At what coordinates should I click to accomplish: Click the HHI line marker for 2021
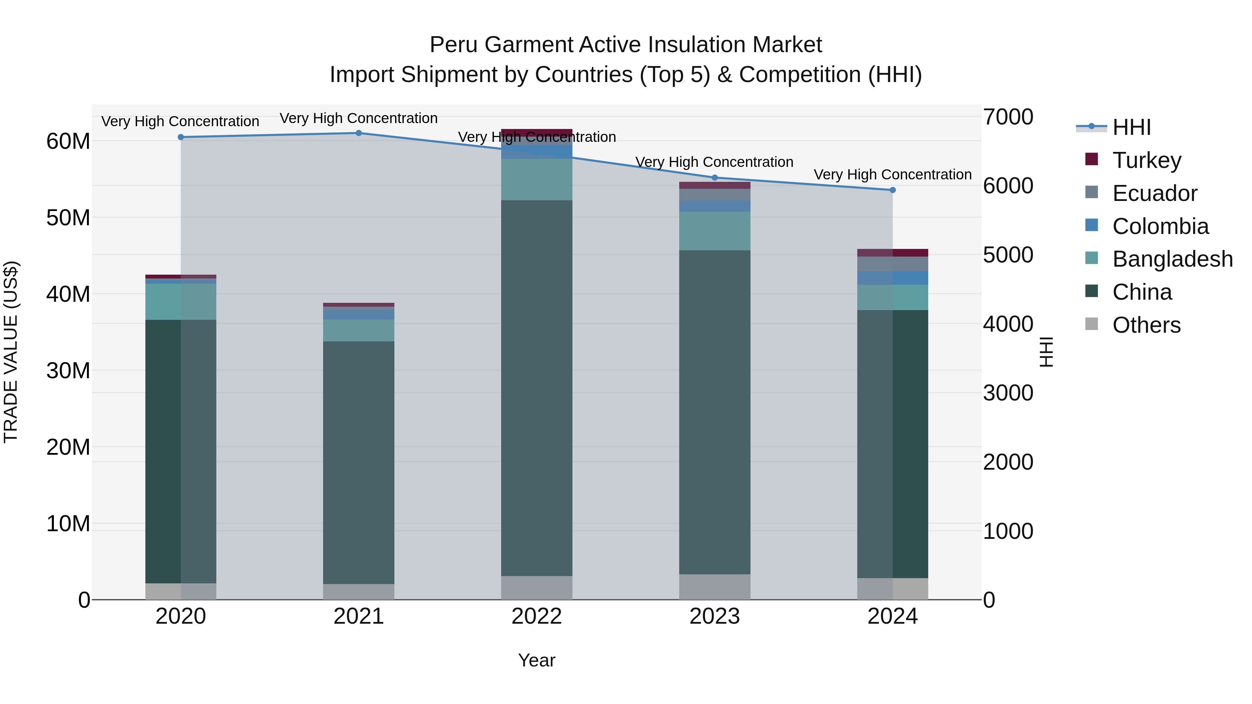(359, 133)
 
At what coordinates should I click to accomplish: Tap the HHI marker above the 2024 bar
(892, 190)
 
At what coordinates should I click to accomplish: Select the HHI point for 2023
(714, 177)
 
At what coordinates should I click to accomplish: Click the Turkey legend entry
(1146, 160)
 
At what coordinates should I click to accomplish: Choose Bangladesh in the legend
(1172, 259)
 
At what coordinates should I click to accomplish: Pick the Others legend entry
(1146, 325)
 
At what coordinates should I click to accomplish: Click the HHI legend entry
(1131, 127)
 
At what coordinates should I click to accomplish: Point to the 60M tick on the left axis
(68, 141)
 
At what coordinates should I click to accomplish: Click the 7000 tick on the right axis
(1008, 117)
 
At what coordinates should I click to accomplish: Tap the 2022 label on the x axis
(537, 616)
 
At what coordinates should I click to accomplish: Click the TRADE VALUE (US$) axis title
(11, 352)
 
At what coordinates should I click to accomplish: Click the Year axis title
(537, 660)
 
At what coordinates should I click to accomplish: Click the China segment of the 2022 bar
(537, 389)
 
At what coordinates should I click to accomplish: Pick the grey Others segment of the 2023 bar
(714, 587)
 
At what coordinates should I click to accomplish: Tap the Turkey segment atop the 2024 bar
(892, 253)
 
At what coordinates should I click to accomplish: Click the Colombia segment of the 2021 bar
(359, 315)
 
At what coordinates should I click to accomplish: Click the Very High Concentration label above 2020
(180, 121)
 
